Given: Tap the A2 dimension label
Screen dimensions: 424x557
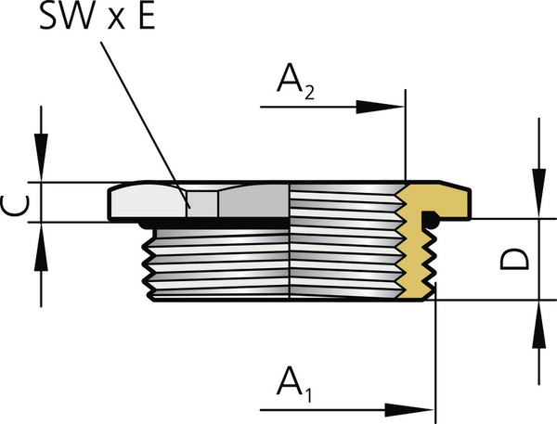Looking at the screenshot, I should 295,84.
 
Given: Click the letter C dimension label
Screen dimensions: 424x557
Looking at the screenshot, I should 15,202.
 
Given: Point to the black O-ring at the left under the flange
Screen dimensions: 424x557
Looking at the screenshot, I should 144,224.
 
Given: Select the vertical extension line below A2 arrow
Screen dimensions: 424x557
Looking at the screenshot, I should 406,139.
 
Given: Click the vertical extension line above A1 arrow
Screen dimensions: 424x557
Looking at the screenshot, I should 434,353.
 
